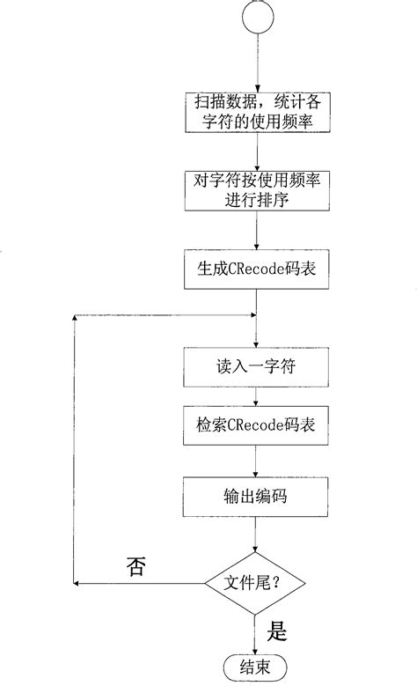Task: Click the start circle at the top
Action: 255,18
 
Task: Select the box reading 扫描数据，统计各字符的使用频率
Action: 255,114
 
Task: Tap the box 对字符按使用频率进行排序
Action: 255,191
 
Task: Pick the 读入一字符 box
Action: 255,363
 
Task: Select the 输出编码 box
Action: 255,495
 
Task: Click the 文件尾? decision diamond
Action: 255,583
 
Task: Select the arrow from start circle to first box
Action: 255,62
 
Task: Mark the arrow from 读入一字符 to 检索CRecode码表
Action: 255,395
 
